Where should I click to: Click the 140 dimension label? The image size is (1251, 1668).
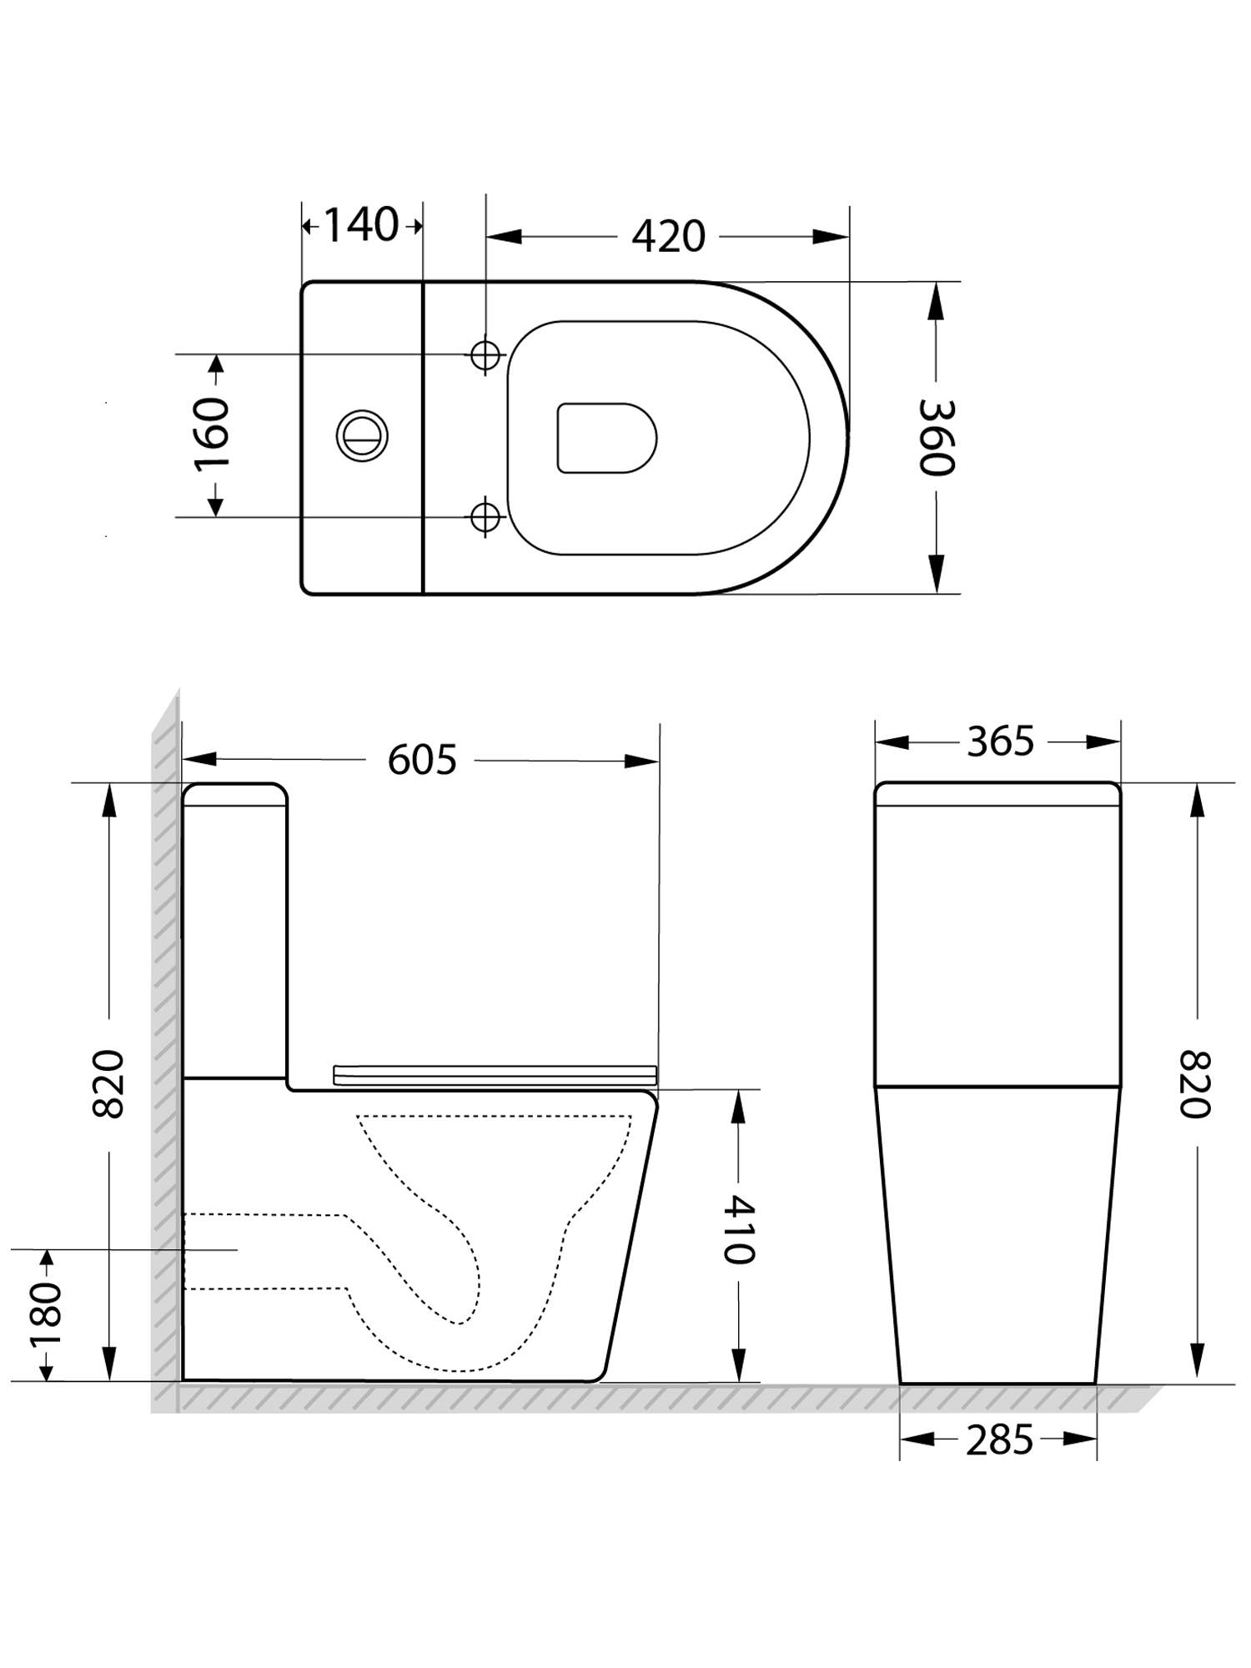(360, 225)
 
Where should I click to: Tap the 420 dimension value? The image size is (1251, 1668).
(668, 237)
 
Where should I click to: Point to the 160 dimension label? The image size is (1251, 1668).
(212, 435)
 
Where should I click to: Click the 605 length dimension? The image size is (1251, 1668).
(422, 760)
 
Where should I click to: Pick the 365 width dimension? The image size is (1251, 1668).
(1000, 741)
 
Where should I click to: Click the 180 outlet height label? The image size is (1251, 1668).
(46, 1315)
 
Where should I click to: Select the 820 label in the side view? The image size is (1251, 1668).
(108, 1083)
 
